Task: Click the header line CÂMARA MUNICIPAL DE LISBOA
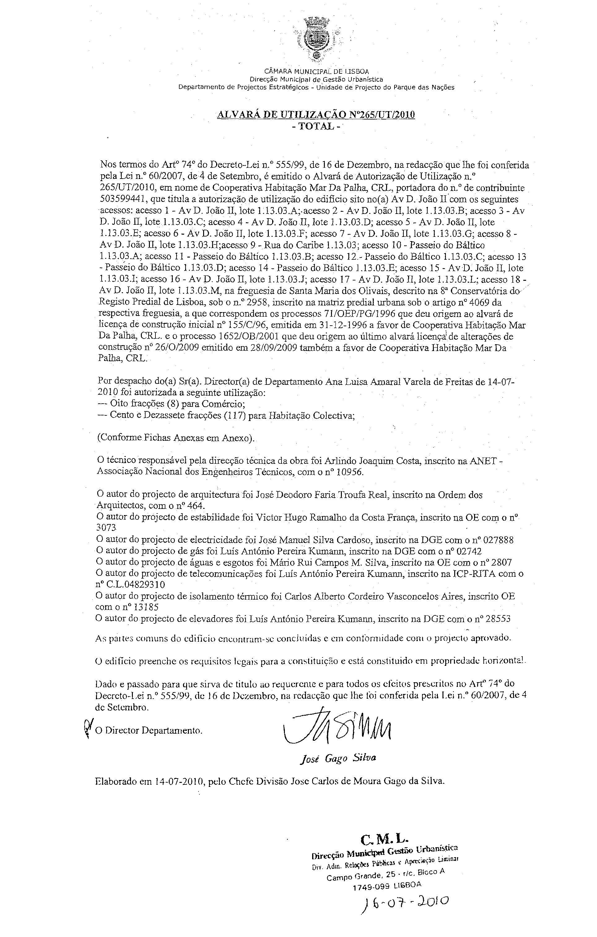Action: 316,71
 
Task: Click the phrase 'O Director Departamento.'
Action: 149,731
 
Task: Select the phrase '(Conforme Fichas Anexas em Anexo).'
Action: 176,438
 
